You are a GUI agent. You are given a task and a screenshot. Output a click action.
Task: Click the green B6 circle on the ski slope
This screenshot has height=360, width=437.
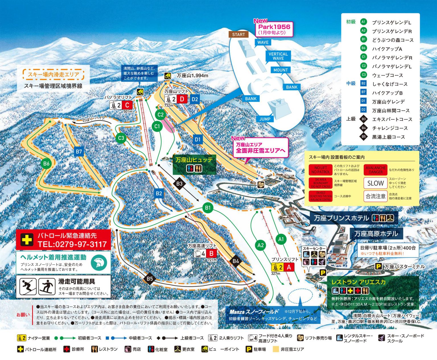pos(46,163)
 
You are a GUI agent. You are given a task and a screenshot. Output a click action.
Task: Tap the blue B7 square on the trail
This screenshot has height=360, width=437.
pos(79,152)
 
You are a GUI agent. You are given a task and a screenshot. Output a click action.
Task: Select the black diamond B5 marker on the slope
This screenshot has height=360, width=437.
pos(150,279)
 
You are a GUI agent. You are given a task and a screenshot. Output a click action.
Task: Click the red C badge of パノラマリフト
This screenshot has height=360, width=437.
pos(127,105)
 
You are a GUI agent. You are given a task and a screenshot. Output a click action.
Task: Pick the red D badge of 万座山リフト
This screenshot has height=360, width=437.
pos(182,99)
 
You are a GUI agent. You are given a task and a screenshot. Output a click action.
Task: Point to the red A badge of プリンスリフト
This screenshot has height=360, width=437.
pos(289,267)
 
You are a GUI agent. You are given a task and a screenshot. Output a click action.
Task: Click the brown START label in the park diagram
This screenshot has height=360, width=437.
pos(238,34)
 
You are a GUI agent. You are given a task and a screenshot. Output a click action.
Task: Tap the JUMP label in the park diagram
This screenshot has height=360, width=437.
pos(265,119)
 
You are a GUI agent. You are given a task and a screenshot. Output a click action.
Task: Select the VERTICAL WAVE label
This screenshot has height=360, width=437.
pos(278,56)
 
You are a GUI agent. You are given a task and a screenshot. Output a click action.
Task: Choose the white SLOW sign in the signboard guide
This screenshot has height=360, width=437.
pos(376,183)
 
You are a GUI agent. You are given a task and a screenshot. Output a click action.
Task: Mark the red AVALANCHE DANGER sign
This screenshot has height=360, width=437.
pos(376,170)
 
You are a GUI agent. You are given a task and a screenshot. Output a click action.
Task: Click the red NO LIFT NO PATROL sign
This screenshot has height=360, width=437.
pos(321,170)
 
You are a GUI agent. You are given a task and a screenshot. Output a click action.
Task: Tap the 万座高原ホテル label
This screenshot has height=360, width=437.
pos(376,234)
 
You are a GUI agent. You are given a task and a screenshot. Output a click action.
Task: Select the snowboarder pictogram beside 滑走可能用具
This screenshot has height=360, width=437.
pos(47,287)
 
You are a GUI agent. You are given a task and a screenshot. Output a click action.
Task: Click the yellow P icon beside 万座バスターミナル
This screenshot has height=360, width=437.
pos(378,267)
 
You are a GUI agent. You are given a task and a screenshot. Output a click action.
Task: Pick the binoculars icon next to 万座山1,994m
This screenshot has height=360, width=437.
pos(168,76)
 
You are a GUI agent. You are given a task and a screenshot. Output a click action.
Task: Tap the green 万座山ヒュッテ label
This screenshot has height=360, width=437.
pos(194,160)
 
